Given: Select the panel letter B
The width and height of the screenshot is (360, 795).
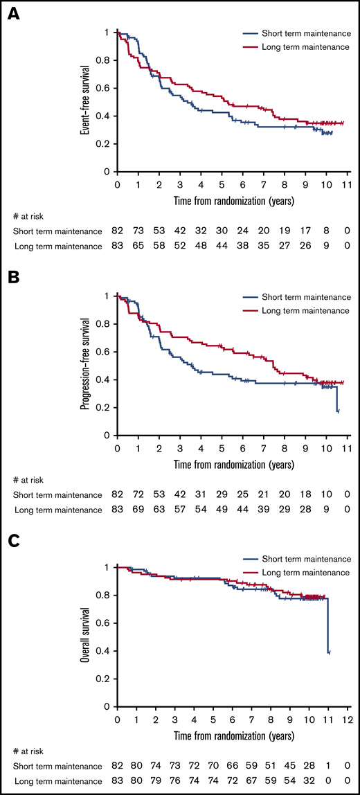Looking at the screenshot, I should pos(13,280).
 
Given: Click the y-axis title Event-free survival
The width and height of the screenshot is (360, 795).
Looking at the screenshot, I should pos(84,101).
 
